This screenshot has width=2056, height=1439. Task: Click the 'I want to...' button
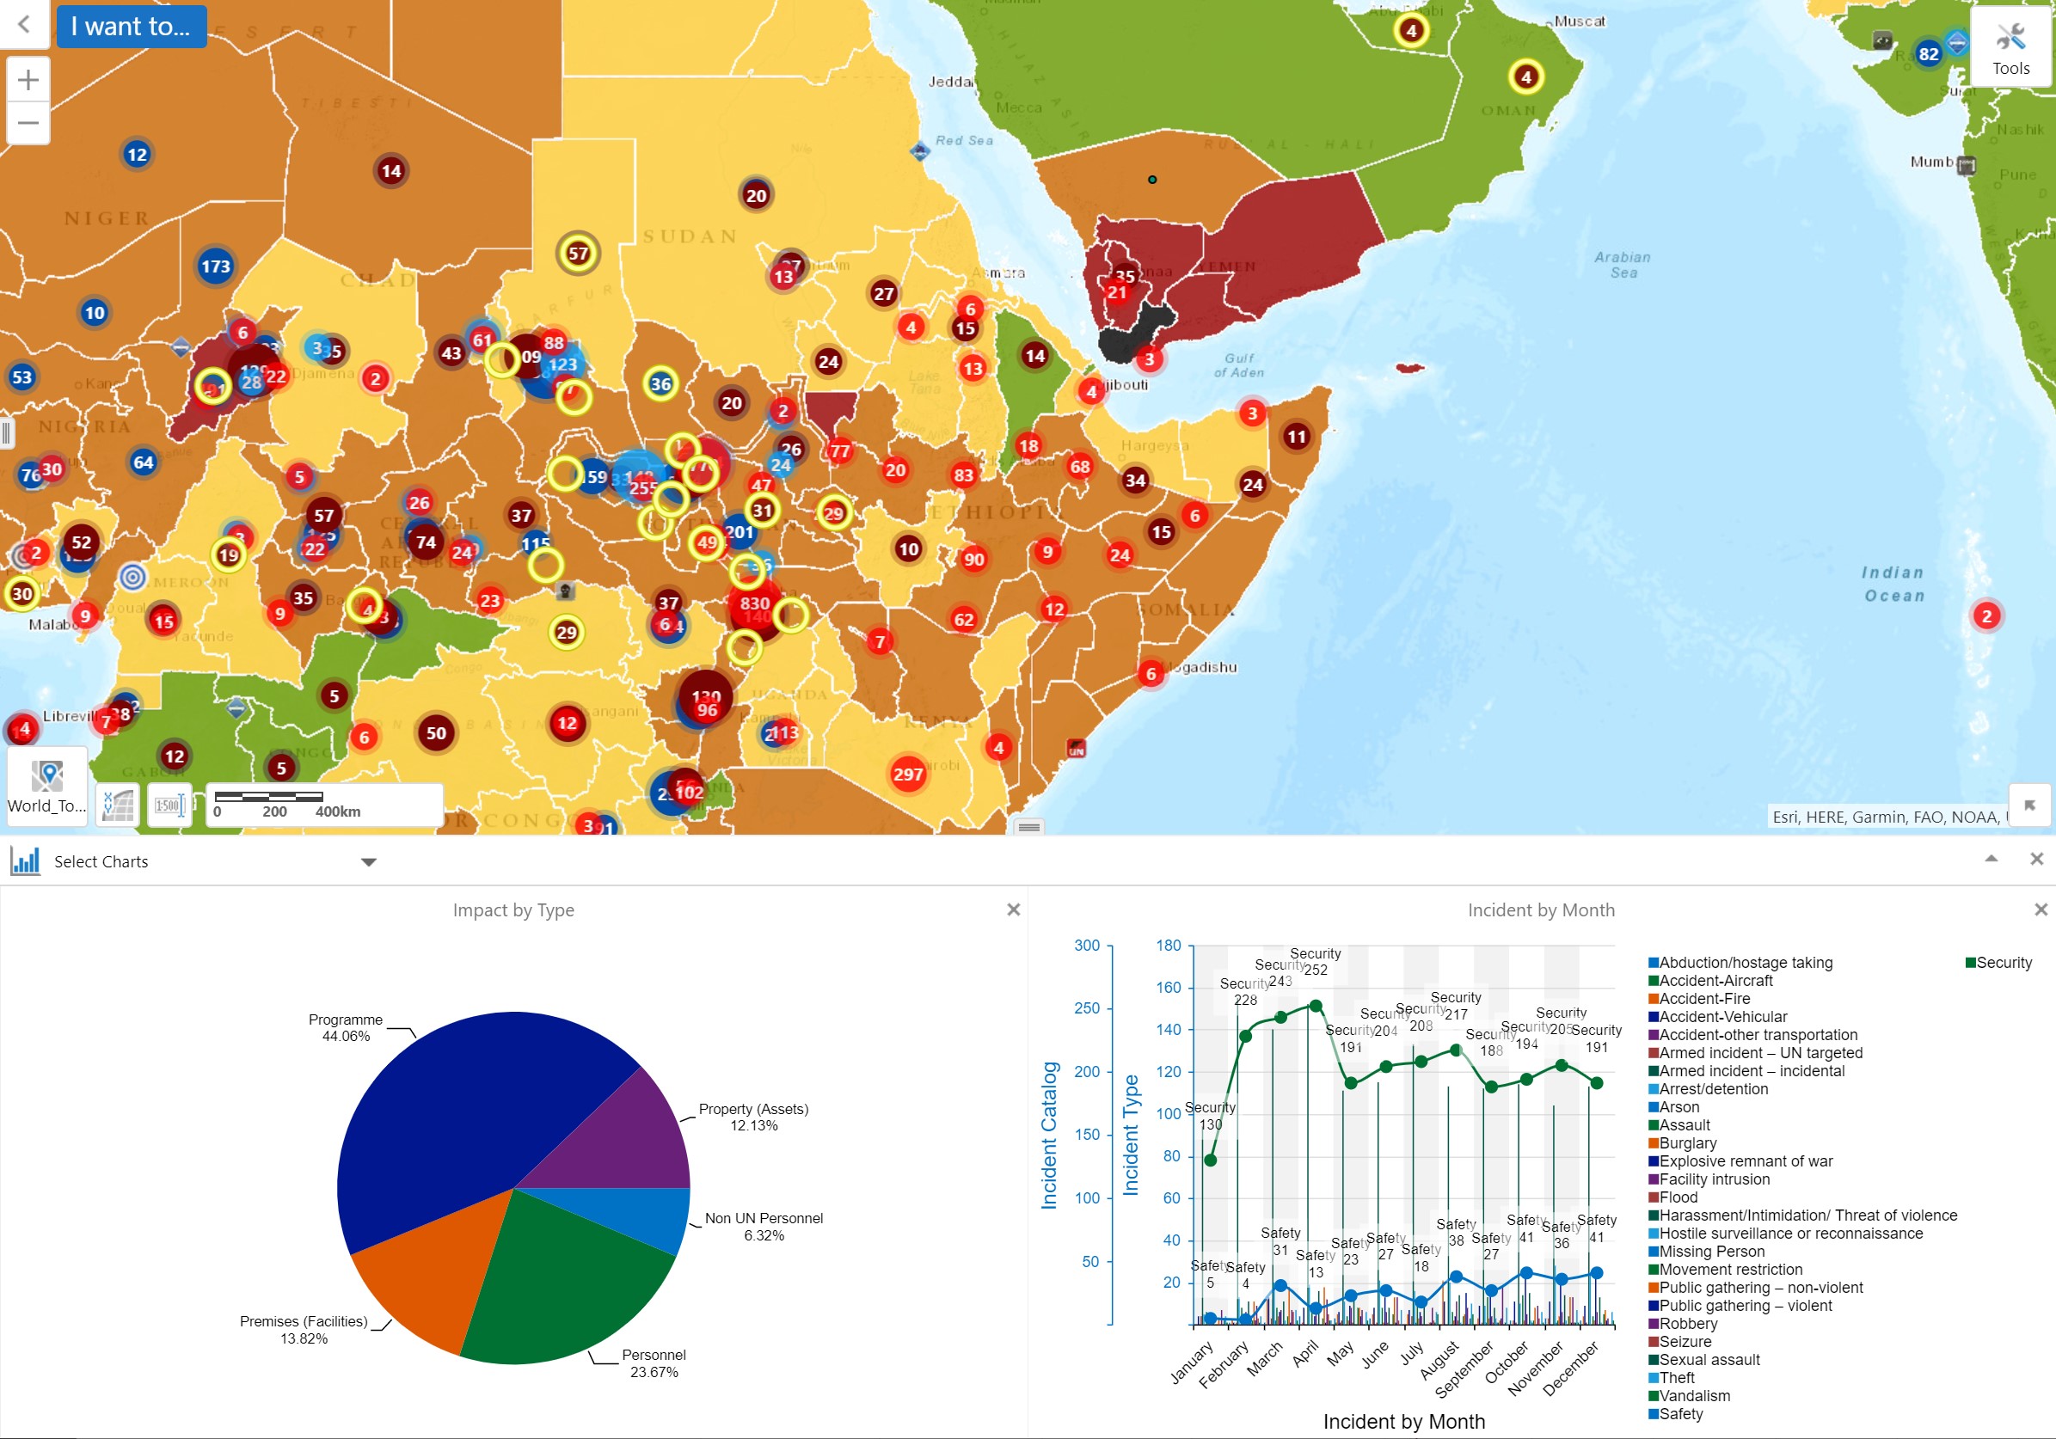click(131, 26)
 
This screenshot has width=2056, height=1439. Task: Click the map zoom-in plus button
click(28, 81)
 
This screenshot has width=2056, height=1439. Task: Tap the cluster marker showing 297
click(907, 774)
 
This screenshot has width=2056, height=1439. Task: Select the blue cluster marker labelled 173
click(215, 266)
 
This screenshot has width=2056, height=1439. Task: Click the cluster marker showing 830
click(754, 603)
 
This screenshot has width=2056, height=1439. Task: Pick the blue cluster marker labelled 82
click(1928, 54)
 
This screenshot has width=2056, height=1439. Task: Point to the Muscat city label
click(1580, 21)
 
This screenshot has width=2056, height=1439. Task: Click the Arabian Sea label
click(1622, 265)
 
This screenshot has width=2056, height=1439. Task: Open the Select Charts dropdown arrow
click(368, 861)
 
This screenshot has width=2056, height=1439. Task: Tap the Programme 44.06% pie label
click(346, 1027)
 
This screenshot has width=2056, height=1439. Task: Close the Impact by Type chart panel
click(1013, 909)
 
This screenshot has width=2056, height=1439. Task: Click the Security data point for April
click(1316, 1006)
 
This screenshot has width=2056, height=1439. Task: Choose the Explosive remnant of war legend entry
click(1746, 1161)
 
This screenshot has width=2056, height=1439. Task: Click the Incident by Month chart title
click(1540, 909)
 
